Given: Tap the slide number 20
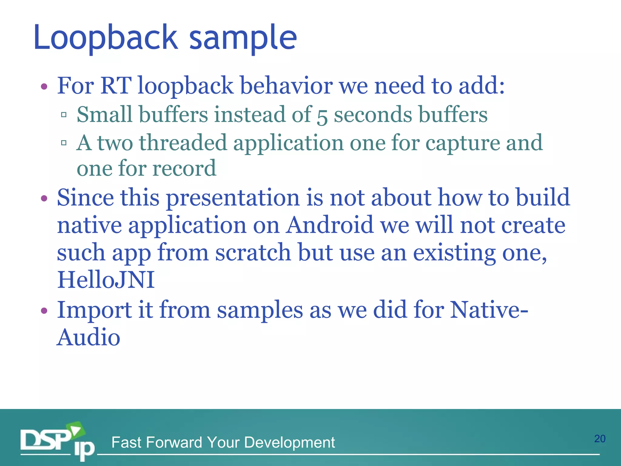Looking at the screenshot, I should (599, 439).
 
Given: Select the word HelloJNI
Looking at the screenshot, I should (106, 279).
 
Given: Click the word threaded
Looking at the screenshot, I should (183, 143).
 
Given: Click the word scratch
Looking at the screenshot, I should (253, 252).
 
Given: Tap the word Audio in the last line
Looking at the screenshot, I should (89, 337).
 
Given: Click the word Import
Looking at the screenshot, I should (94, 310).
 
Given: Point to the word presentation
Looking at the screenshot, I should (233, 198).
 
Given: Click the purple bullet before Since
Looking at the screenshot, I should (44, 199).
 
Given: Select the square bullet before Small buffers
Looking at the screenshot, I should (64, 115).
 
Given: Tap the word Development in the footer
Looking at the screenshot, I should (289, 442).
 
